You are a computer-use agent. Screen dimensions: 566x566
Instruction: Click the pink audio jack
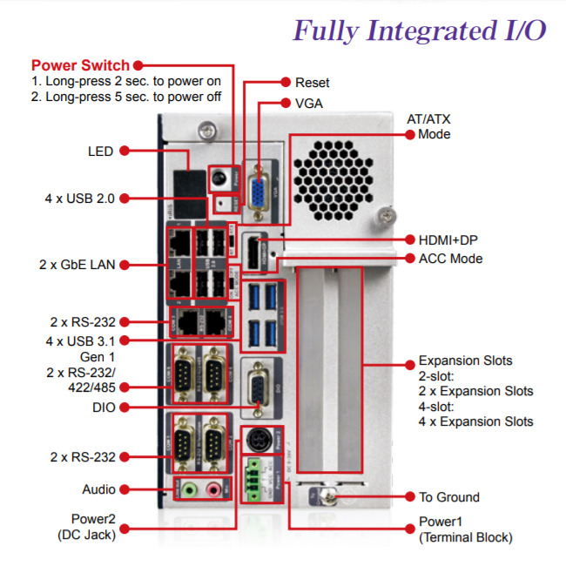(211, 490)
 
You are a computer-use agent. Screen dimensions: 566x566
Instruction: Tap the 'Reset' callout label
(313, 83)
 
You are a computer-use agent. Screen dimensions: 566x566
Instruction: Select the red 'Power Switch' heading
(80, 65)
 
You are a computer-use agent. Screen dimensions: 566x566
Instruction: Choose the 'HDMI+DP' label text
(447, 239)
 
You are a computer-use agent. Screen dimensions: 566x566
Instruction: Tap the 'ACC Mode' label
(450, 259)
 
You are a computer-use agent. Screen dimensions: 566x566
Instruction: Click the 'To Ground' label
(448, 497)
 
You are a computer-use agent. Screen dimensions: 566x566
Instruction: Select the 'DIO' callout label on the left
(103, 407)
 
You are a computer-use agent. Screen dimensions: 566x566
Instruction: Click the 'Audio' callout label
(98, 489)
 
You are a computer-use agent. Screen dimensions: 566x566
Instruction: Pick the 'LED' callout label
(101, 151)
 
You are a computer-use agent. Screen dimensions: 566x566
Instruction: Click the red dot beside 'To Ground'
(408, 497)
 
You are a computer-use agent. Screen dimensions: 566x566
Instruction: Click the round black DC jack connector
(258, 438)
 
